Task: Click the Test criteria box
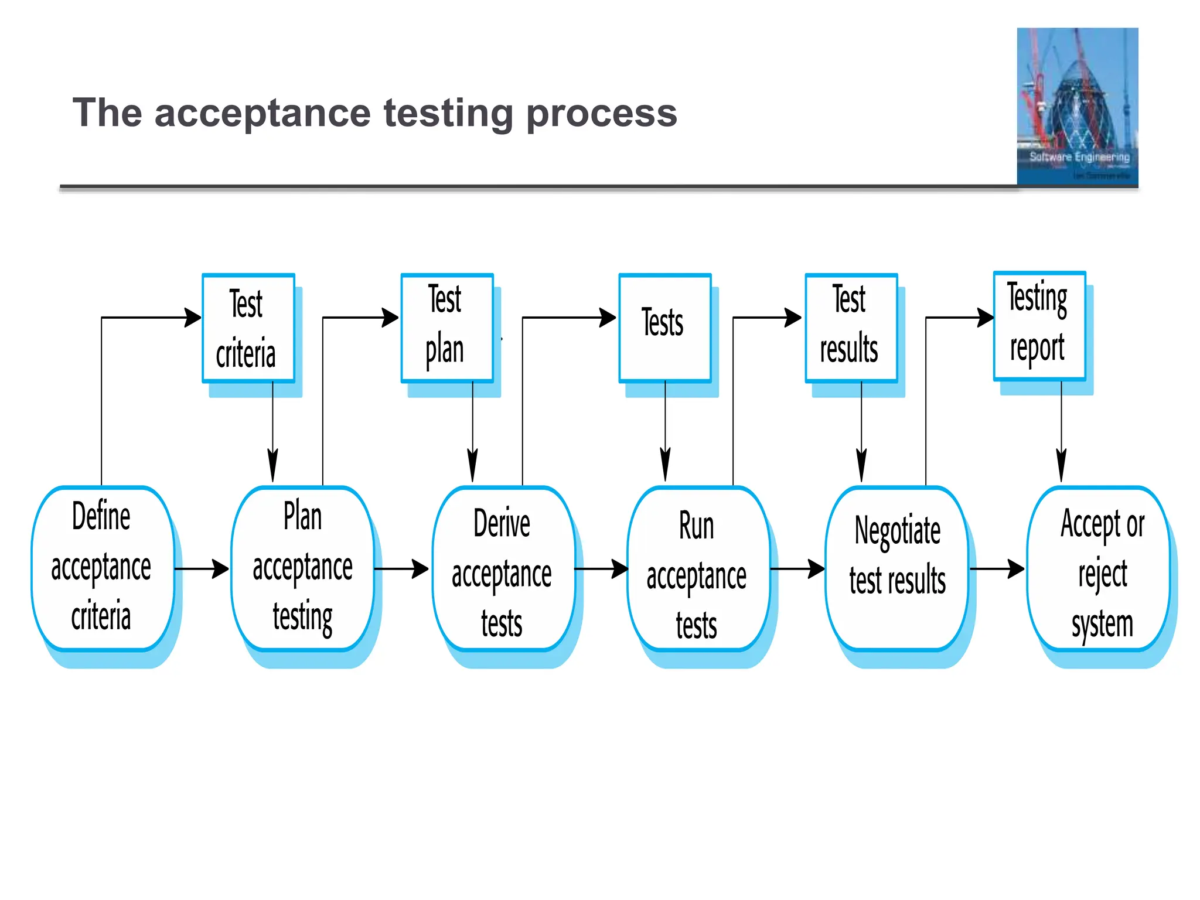(248, 328)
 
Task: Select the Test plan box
(446, 328)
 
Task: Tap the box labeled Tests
(664, 328)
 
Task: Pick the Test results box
(851, 328)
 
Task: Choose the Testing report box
(1039, 326)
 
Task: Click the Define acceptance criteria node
(103, 568)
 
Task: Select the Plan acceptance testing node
(302, 568)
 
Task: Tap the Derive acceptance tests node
(503, 568)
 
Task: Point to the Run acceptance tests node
(697, 568)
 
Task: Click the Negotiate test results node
(896, 568)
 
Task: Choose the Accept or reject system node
(1099, 568)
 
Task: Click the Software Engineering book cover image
(1077, 107)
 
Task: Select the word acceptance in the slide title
(262, 113)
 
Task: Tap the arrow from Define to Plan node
(202, 568)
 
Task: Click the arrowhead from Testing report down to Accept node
(1061, 466)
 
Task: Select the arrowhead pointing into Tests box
(608, 318)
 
